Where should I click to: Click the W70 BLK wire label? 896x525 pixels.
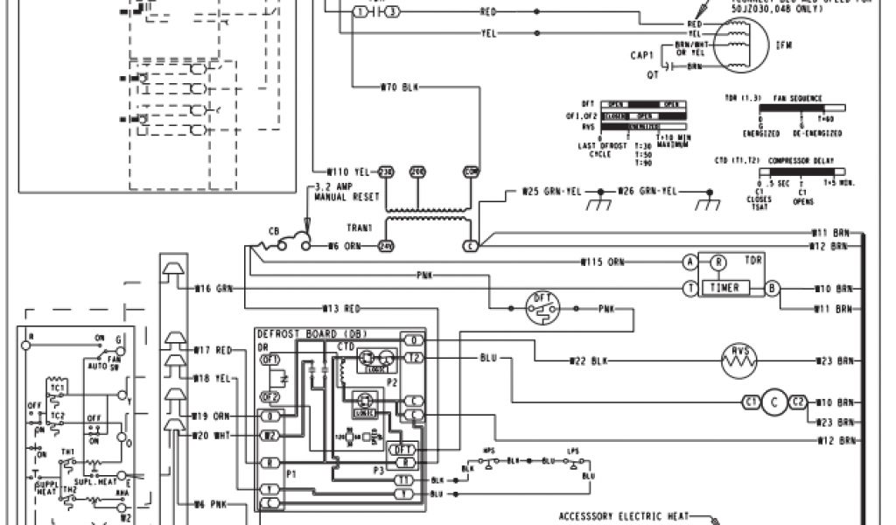[x=400, y=87]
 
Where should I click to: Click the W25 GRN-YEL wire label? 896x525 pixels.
[x=547, y=191]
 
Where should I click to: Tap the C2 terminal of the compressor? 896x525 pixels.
[x=797, y=402]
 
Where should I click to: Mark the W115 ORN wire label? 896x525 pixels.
[x=604, y=262]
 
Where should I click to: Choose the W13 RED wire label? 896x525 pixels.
[x=341, y=308]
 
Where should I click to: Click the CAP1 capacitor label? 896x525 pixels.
[x=643, y=55]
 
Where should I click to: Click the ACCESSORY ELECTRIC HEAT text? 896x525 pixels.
[x=624, y=515]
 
